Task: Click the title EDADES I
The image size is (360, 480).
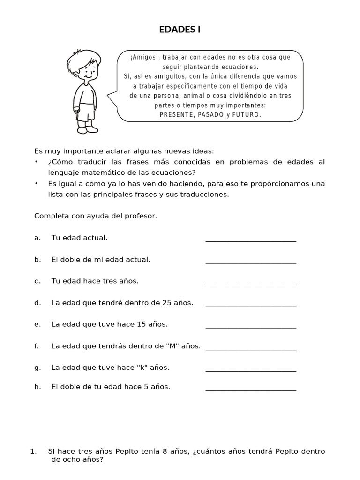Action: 180,30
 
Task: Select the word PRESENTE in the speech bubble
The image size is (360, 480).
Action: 175,114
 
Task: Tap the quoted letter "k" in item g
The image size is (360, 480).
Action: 141,367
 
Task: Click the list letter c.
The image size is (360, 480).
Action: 37,281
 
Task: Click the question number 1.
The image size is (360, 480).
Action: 33,451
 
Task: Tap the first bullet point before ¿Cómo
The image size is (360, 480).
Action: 37,162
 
